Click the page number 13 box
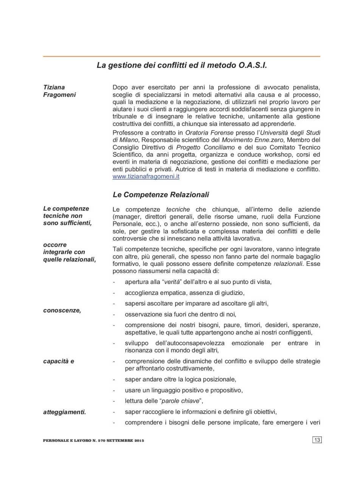click(x=317, y=440)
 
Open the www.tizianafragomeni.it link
click(x=146, y=177)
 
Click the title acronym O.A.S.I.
click(x=253, y=65)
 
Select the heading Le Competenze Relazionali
click(x=161, y=195)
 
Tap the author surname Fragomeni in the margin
click(x=59, y=95)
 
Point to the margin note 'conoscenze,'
click(x=62, y=310)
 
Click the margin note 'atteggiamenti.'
click(x=64, y=412)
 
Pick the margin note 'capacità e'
click(x=59, y=361)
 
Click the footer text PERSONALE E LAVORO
click(x=67, y=441)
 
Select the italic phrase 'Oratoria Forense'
click(x=209, y=133)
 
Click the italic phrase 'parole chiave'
click(x=180, y=401)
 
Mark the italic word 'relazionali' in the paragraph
click(x=288, y=264)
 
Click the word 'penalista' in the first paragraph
click(x=306, y=87)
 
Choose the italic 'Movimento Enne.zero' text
click(x=252, y=140)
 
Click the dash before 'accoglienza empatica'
click(x=114, y=293)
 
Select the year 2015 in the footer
click(x=139, y=441)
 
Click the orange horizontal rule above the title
click(x=181, y=56)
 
